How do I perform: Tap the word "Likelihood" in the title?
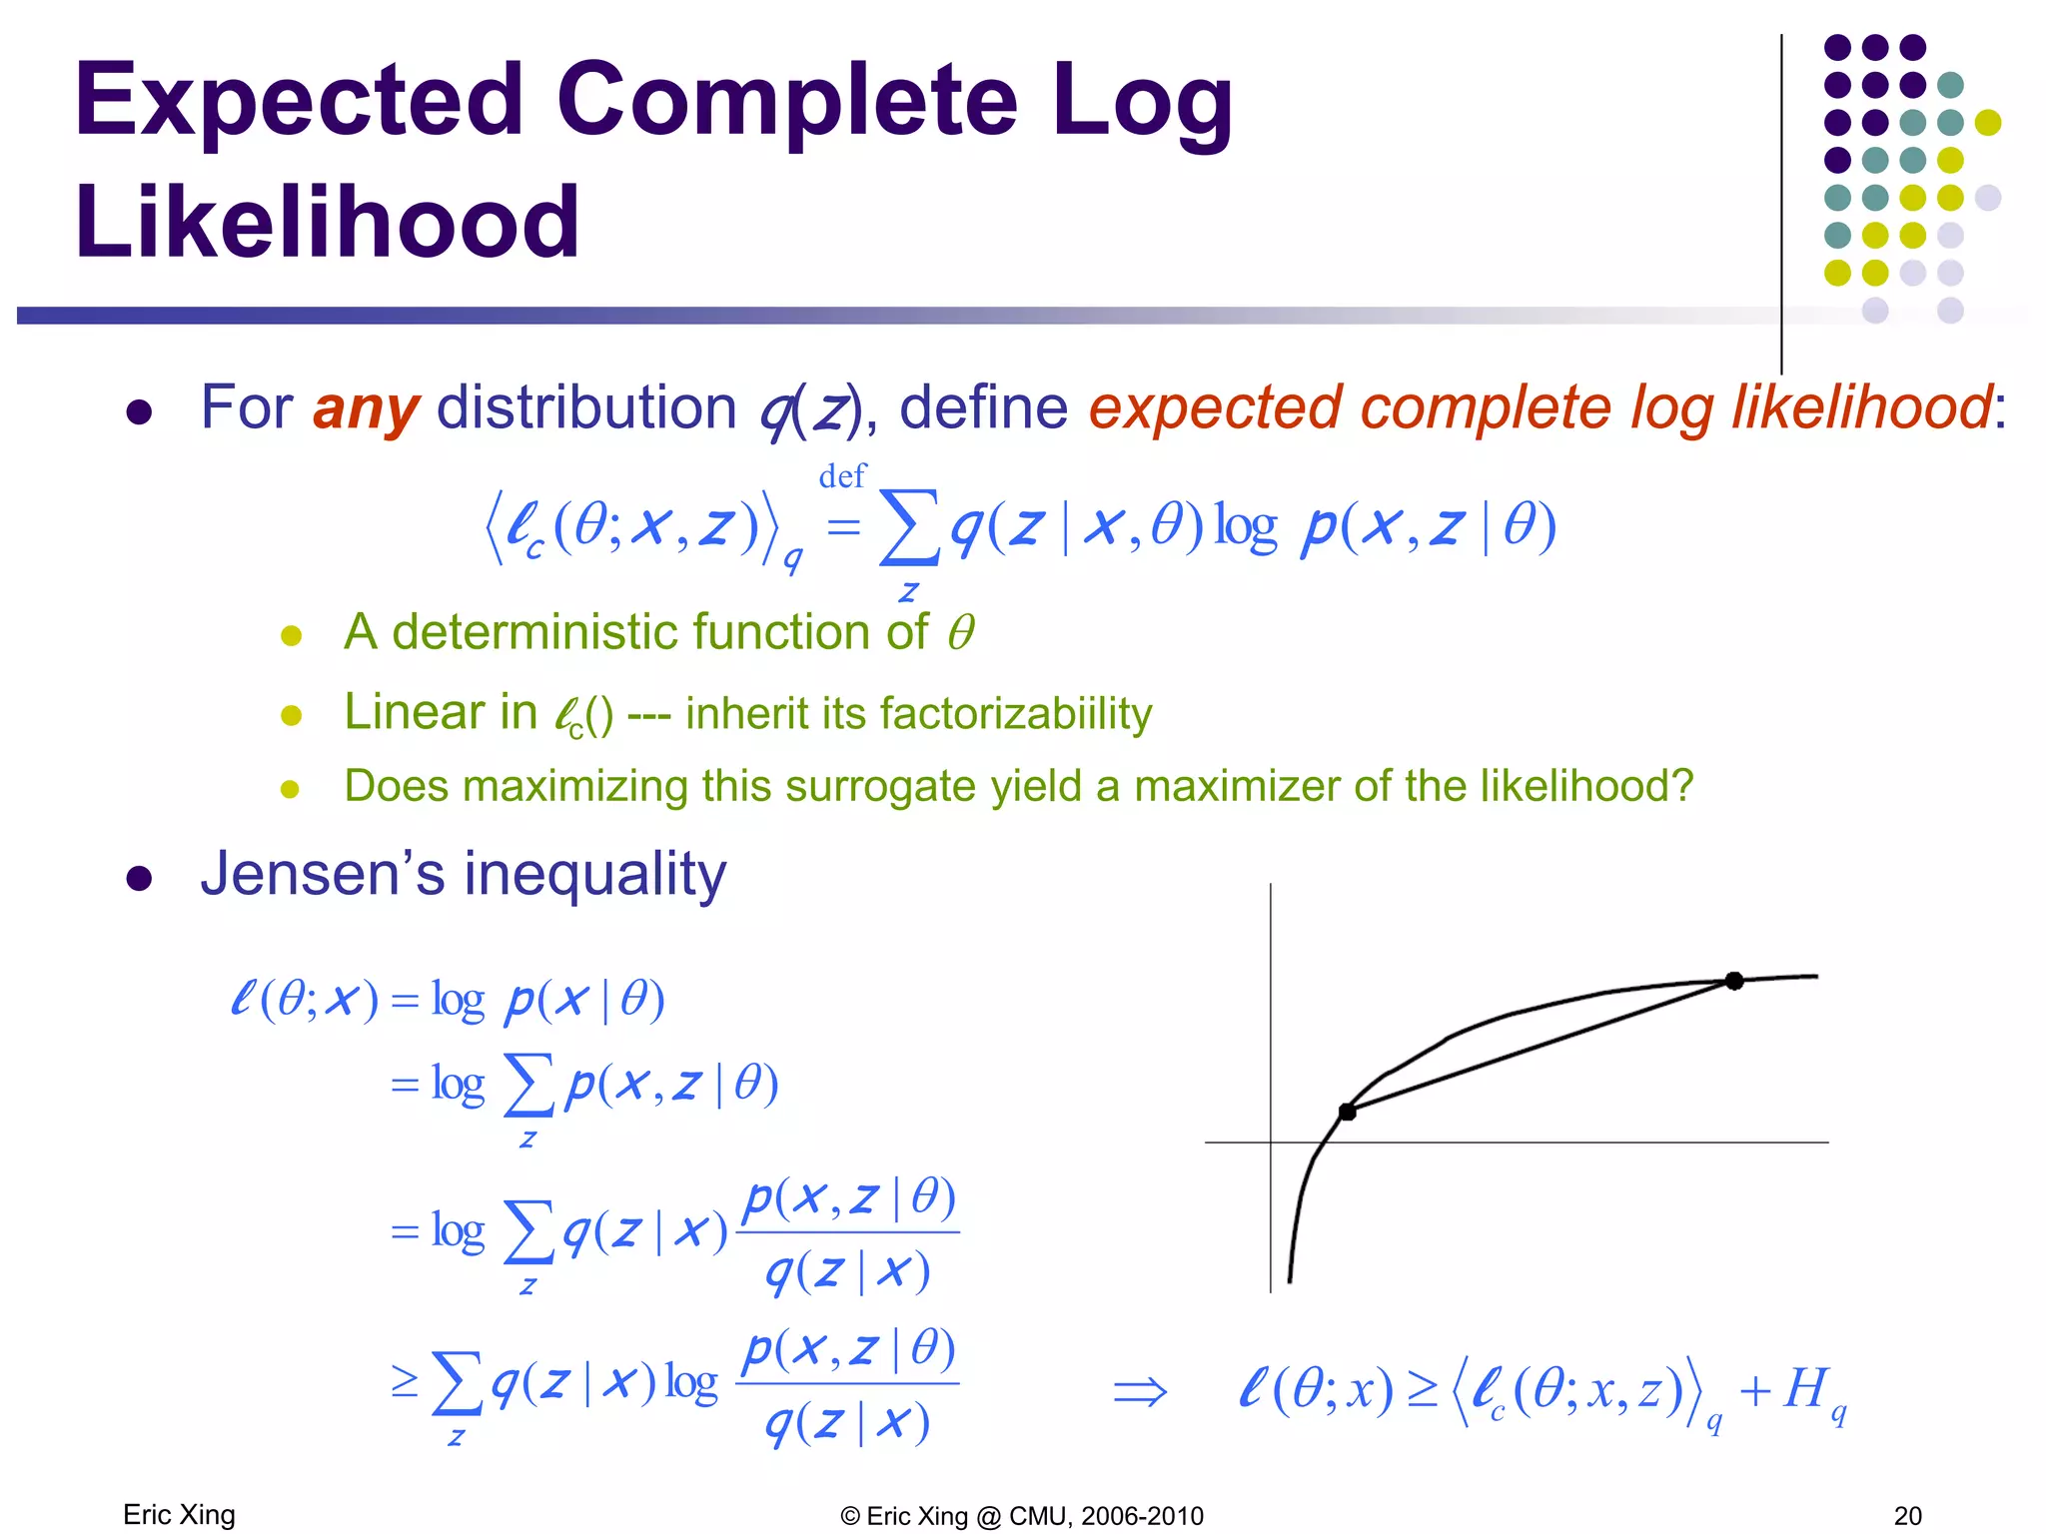pyautogui.click(x=327, y=222)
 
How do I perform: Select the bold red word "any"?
pyautogui.click(x=366, y=408)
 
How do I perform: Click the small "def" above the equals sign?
pyautogui.click(x=841, y=476)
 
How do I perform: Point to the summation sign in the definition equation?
pyautogui.click(x=908, y=527)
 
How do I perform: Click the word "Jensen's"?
pyautogui.click(x=323, y=874)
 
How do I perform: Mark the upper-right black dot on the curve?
pyautogui.click(x=1734, y=981)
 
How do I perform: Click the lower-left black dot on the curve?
pyautogui.click(x=1347, y=1112)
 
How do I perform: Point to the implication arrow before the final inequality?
pyautogui.click(x=1140, y=1391)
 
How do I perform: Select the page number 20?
pyautogui.click(x=1907, y=1516)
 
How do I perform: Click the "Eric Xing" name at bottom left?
pyautogui.click(x=179, y=1515)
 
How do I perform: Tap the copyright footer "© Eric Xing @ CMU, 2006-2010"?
pyautogui.click(x=1022, y=1516)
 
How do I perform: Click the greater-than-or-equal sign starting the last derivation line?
pyautogui.click(x=405, y=1382)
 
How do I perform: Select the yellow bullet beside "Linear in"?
pyautogui.click(x=291, y=715)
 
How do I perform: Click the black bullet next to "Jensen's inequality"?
pyautogui.click(x=139, y=878)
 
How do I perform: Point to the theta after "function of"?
pyautogui.click(x=960, y=633)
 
